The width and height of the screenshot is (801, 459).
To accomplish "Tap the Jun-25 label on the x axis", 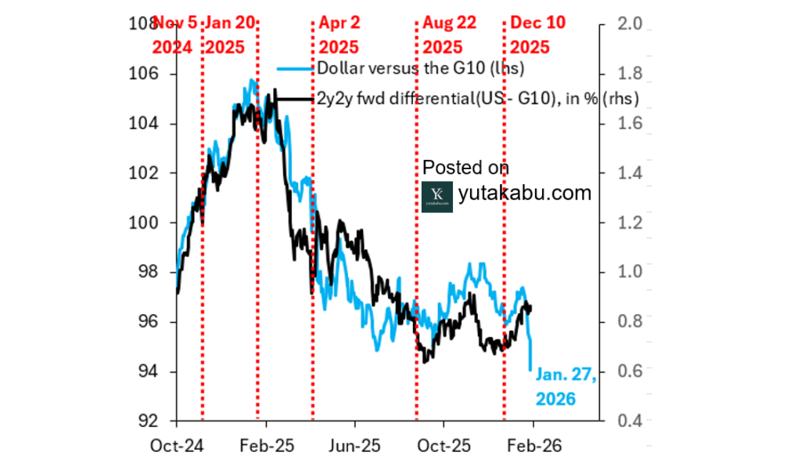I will tap(354, 445).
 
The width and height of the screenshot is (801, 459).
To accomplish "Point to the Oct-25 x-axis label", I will tap(444, 445).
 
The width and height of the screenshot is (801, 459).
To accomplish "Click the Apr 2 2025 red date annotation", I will tap(338, 35).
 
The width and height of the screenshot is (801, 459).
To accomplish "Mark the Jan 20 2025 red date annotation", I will tap(230, 35).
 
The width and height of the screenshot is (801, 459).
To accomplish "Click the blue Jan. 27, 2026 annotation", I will tap(565, 387).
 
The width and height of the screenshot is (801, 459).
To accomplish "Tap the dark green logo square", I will tap(436, 197).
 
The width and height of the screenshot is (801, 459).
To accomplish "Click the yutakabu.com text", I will tap(524, 192).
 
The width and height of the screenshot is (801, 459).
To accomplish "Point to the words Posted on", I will tap(465, 168).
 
